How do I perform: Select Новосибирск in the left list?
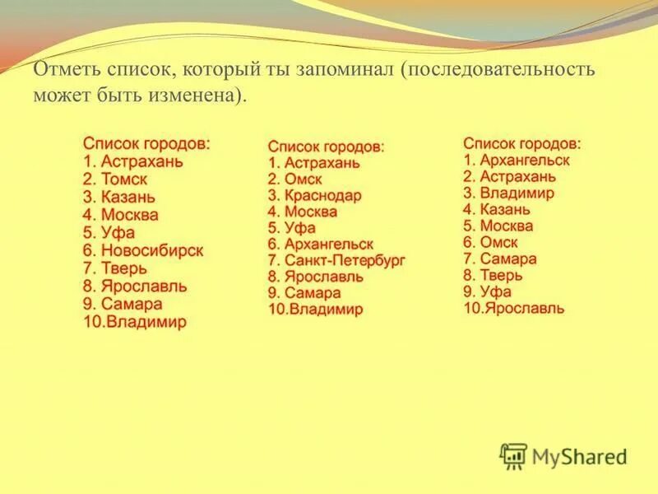click(152, 250)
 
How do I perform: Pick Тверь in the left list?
click(124, 268)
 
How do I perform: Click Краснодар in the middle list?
click(323, 196)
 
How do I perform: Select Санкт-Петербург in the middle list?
click(345, 261)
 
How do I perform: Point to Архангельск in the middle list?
click(329, 245)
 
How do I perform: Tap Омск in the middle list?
click(304, 179)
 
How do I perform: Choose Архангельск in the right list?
click(525, 161)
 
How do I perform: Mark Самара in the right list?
click(509, 259)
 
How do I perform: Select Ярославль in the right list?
click(525, 309)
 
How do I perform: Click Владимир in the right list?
click(517, 193)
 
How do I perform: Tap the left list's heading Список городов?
click(146, 143)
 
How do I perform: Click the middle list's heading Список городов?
click(326, 146)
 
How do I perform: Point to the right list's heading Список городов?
click(521, 143)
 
